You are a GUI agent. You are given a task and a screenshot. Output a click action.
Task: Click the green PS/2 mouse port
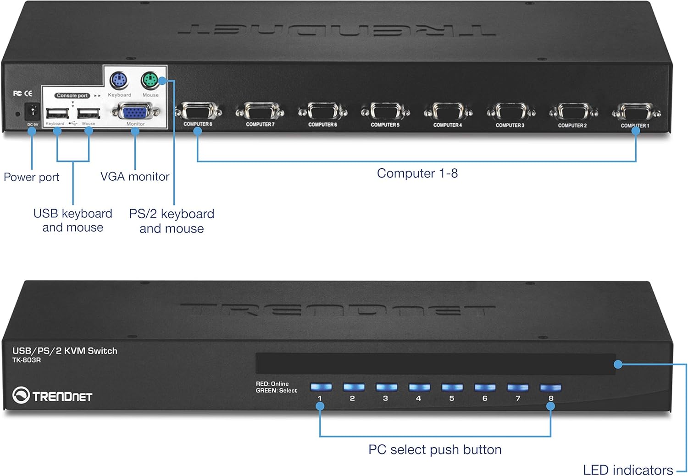(x=149, y=81)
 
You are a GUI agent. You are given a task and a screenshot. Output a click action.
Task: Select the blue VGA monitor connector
(x=135, y=112)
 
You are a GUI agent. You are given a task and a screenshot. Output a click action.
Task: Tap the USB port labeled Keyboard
(x=57, y=113)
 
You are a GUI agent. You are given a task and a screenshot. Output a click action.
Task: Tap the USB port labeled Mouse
(x=89, y=113)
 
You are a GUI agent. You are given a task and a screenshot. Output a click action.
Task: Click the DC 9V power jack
(x=32, y=111)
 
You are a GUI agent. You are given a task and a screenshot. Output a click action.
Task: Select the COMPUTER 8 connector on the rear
(x=198, y=111)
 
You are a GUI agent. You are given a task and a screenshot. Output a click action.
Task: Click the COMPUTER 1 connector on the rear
(x=636, y=112)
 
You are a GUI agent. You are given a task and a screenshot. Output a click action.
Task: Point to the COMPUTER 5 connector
(x=385, y=112)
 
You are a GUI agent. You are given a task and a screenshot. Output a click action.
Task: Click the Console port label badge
(x=72, y=95)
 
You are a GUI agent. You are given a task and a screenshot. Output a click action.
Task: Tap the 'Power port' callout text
(x=31, y=177)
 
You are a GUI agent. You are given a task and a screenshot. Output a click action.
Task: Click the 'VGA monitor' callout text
(x=135, y=177)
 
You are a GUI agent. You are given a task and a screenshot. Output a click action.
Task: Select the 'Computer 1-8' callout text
(x=417, y=173)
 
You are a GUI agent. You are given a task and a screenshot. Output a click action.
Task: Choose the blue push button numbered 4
(x=419, y=387)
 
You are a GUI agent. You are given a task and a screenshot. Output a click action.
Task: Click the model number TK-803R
(x=27, y=360)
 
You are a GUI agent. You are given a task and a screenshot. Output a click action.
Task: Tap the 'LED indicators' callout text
(x=627, y=470)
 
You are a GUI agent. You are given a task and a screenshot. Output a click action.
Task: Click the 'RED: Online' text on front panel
(x=272, y=384)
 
